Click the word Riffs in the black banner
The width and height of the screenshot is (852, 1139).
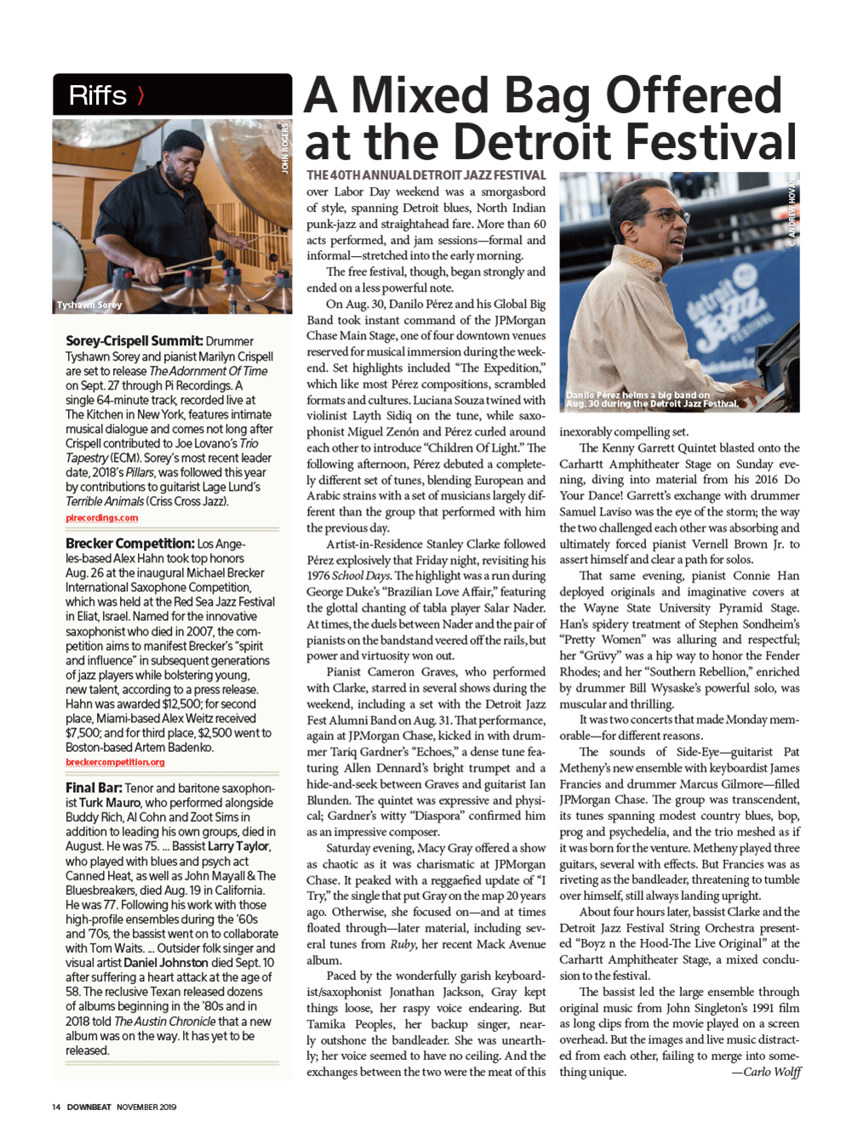click(x=97, y=95)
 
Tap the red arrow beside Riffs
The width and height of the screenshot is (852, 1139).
click(x=140, y=95)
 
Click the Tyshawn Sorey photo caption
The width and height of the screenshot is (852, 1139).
click(x=89, y=305)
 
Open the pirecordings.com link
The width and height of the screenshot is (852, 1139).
click(x=101, y=517)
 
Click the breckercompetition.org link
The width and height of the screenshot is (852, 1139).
click(x=115, y=762)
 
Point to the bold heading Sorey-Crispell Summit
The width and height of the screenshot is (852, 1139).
click(x=134, y=341)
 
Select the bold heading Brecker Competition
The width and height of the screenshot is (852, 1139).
click(x=129, y=544)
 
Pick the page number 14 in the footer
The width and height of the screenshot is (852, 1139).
click(x=55, y=1107)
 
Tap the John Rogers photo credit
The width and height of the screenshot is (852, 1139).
click(x=285, y=148)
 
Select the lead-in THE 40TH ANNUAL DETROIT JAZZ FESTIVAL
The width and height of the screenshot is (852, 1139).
click(x=426, y=175)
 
